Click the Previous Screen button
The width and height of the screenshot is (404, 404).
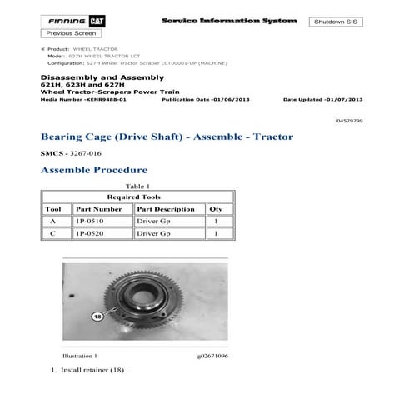(69, 33)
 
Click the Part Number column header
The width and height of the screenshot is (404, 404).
(97, 209)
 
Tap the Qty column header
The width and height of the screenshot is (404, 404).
(216, 209)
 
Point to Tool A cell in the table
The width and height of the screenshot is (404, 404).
(54, 222)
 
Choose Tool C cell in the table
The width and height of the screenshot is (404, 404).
(54, 235)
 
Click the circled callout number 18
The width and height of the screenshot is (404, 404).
(97, 317)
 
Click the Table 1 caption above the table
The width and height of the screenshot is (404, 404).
(137, 186)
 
